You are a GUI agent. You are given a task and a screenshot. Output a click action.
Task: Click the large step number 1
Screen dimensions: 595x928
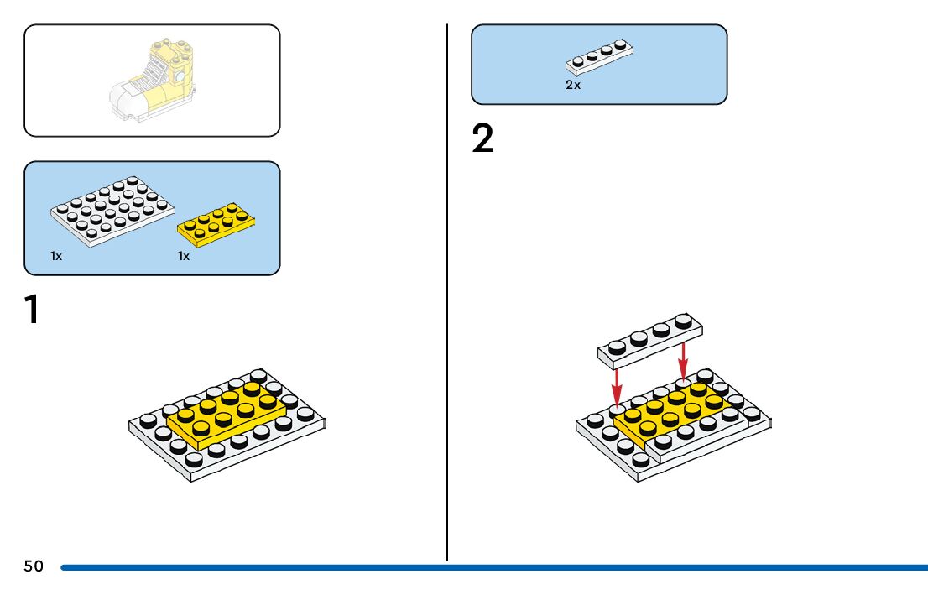tap(32, 310)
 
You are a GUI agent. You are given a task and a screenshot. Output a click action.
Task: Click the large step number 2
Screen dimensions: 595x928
tap(483, 139)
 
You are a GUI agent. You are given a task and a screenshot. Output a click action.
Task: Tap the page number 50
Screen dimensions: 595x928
tap(34, 566)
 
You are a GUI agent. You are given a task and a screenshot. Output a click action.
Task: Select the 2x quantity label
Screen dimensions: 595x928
tap(573, 86)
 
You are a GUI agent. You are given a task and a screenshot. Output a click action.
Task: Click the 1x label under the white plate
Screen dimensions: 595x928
tap(56, 256)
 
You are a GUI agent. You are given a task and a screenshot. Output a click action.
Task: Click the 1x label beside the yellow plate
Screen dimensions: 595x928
tap(184, 256)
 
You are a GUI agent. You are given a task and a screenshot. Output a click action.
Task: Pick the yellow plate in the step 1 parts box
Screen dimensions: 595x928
tap(216, 220)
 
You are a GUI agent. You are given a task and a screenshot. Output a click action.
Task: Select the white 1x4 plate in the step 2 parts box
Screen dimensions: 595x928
tap(599, 55)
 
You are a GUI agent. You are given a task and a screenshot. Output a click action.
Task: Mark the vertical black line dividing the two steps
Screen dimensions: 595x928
tap(447, 294)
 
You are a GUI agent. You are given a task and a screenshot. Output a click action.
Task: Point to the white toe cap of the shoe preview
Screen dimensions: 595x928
tap(126, 102)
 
